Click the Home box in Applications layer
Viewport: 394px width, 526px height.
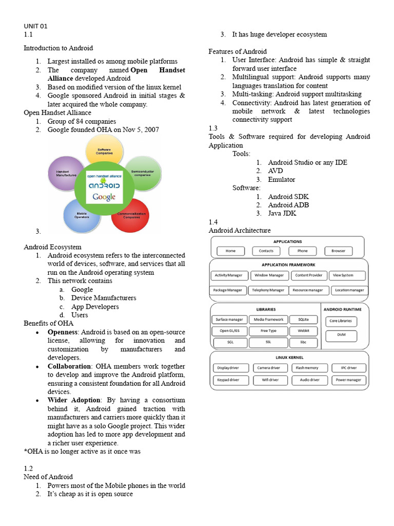(x=230, y=251)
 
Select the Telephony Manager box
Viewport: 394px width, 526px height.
(x=267, y=290)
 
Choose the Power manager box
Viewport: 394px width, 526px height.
(x=348, y=380)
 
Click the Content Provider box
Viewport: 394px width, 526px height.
(x=308, y=275)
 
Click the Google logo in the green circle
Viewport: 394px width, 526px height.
(x=104, y=197)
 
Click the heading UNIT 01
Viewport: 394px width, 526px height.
(x=35, y=26)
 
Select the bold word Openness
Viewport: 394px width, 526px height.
(x=63, y=332)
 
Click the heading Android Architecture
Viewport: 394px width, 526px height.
(x=240, y=230)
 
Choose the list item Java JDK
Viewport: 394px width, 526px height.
(x=282, y=213)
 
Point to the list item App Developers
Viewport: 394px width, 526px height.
(x=95, y=306)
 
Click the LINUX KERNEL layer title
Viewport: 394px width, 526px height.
(x=289, y=357)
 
